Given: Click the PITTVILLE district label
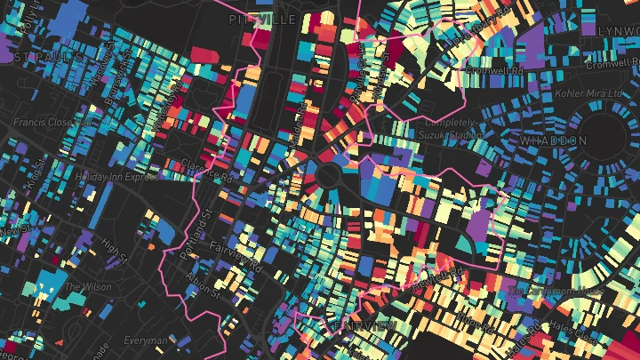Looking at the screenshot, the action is click(x=261, y=19).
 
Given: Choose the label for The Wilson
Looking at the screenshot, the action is click(x=85, y=288).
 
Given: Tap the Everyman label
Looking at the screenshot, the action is click(x=145, y=340).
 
